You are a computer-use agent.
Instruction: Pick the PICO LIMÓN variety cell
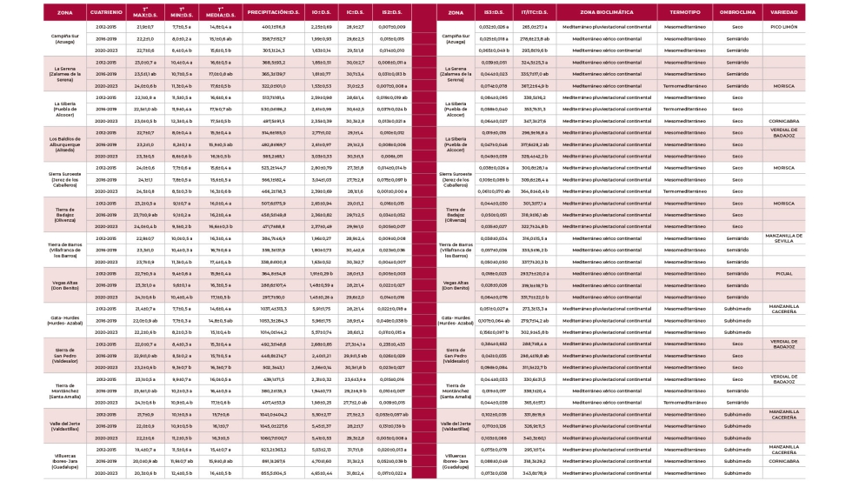click(x=785, y=28)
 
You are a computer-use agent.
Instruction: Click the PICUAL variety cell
click(x=785, y=272)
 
